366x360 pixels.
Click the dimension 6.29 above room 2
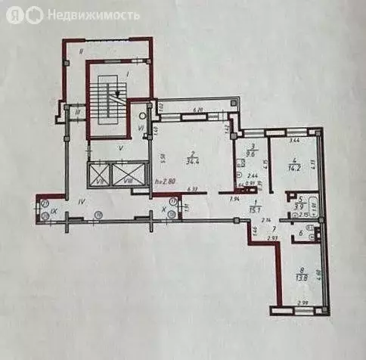pos(198,110)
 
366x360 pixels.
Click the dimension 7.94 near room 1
pos(235,198)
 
